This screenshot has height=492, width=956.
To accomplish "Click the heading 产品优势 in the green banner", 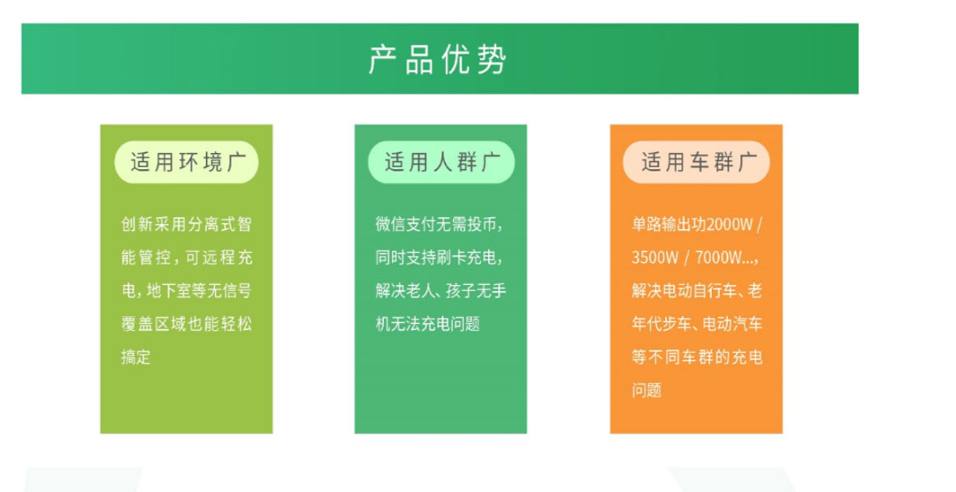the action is click(437, 59).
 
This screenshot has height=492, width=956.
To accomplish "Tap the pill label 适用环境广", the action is click(187, 162).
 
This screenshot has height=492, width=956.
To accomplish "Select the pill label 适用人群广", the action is click(441, 162).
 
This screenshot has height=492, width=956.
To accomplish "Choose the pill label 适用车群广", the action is click(696, 162).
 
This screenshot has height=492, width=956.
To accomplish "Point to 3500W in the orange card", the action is click(654, 258).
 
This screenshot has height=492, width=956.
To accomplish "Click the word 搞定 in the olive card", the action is click(136, 357).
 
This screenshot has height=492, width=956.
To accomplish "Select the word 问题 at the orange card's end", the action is click(646, 389).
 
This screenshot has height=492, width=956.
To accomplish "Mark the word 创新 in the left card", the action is click(136, 224).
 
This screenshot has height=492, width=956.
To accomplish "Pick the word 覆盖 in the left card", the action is click(136, 324).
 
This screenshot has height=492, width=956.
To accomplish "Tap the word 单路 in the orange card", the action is click(647, 225).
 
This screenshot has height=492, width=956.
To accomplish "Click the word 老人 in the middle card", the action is click(423, 290).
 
